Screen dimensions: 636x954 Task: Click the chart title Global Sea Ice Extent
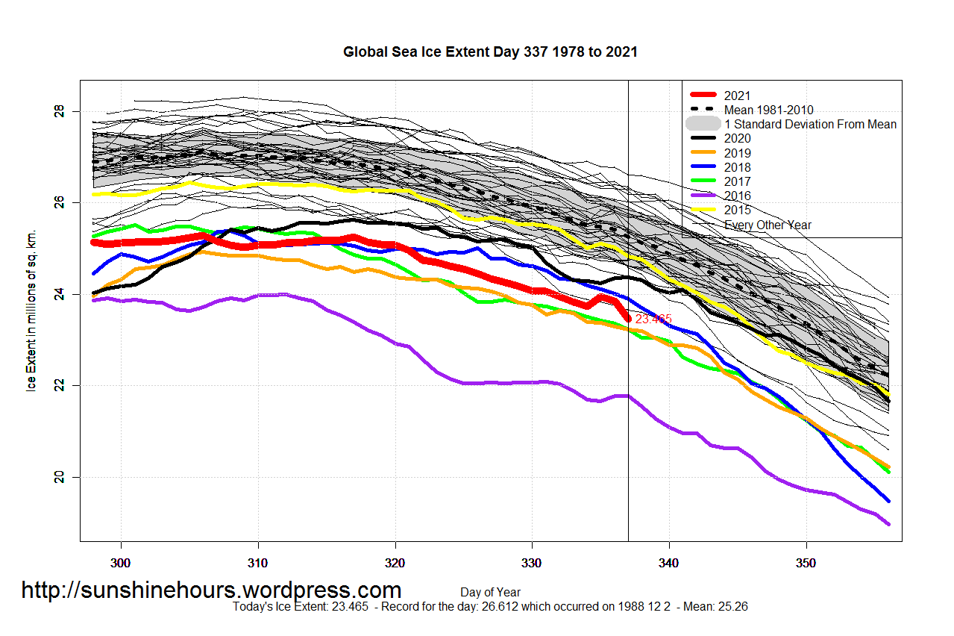coord(490,52)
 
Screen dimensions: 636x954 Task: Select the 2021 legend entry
coord(737,96)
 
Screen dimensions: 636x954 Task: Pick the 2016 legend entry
coord(737,196)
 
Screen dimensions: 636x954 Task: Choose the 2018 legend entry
coord(737,167)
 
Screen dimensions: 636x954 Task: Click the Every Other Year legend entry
coord(768,225)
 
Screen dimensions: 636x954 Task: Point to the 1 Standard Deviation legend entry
coord(810,124)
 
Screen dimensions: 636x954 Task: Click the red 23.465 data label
coord(653,319)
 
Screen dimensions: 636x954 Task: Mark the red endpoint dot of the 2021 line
coord(628,319)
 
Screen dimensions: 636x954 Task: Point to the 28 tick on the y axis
coord(60,111)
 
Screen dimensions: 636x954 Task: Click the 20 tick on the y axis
coord(60,477)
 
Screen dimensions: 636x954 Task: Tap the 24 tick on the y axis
coord(60,294)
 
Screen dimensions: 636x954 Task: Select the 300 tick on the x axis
coord(121,561)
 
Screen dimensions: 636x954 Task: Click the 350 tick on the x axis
coord(806,561)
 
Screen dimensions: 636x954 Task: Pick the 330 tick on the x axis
coord(532,561)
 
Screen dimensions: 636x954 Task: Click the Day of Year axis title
coord(490,593)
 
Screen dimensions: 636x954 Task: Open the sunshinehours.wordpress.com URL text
coord(211,590)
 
